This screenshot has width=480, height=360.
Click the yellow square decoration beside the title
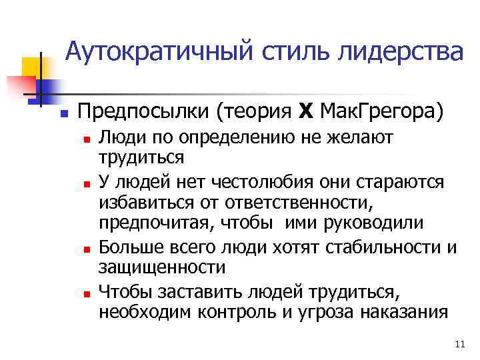[x=31, y=67]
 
